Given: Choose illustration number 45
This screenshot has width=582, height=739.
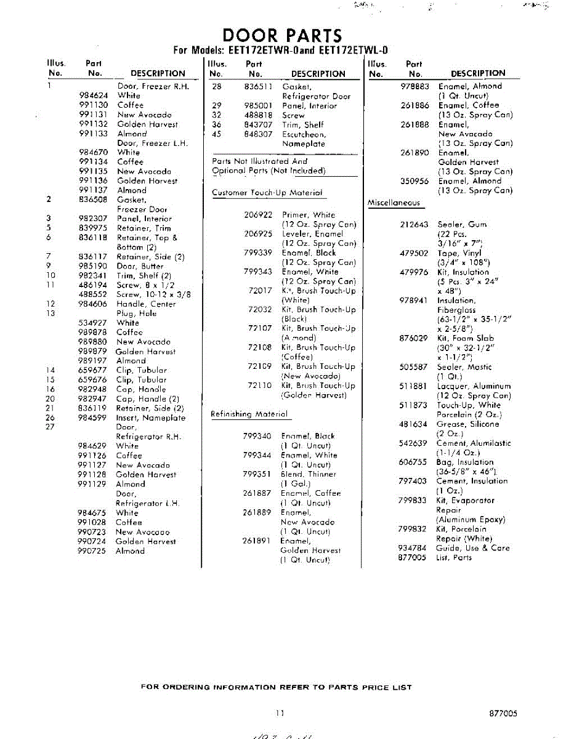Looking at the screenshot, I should (216, 134).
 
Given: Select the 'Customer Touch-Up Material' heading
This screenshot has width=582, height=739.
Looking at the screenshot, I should (267, 193).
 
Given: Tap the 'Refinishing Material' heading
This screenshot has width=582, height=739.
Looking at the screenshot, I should (249, 414).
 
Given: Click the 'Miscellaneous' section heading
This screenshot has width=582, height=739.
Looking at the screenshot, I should (394, 203).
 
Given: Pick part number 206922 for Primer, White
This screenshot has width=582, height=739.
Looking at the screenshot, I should (258, 215).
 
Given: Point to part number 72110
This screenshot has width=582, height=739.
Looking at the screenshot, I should (259, 386).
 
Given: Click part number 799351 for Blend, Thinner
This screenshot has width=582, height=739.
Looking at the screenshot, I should (257, 474).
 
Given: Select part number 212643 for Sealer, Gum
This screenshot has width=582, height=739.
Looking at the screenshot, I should (413, 225).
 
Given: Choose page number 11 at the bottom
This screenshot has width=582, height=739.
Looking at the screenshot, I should (280, 713).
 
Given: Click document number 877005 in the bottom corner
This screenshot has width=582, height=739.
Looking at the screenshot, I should (503, 713).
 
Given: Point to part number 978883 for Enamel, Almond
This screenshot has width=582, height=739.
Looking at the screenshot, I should (414, 86).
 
